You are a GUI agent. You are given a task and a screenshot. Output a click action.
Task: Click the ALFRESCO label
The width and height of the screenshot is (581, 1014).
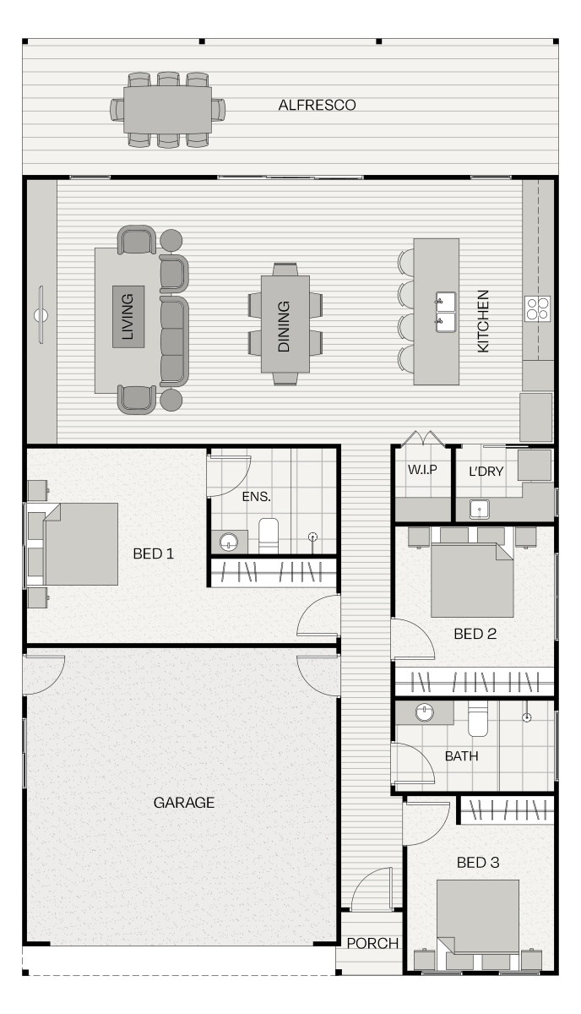317,105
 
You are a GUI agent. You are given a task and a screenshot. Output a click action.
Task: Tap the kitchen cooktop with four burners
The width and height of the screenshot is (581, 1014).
537,308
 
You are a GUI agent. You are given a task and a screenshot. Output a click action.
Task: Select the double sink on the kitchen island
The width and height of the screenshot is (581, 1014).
446,312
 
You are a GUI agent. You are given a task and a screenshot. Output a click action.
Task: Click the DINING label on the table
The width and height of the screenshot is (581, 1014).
284,326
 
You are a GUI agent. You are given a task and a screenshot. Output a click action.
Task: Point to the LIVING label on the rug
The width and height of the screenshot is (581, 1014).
128,316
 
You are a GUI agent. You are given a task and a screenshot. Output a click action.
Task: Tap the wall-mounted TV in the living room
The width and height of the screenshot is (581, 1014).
41,314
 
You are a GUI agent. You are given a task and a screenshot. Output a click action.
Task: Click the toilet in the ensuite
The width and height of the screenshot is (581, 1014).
269,536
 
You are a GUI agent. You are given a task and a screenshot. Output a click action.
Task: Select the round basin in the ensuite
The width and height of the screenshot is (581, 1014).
229,542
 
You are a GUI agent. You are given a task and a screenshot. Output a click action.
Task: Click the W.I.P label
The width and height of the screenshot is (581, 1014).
422,470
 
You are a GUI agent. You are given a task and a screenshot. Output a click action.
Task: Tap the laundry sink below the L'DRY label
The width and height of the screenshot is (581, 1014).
479,509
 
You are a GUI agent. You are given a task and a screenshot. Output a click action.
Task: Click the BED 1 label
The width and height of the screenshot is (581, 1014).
154,553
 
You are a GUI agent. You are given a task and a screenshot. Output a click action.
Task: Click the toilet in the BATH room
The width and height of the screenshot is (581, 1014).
478,719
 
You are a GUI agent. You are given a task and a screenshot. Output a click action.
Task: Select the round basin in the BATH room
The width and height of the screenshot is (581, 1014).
425,712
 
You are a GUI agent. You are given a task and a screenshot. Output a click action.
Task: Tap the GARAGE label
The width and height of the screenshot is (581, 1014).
184,803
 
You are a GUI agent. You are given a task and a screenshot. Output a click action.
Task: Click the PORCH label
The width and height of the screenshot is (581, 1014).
372,943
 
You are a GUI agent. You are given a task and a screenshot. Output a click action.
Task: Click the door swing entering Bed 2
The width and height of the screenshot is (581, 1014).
413,639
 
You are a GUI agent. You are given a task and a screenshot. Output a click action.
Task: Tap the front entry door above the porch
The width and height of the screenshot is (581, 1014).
372,889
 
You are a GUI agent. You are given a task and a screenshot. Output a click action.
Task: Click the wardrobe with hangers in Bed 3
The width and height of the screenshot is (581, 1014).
508,810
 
